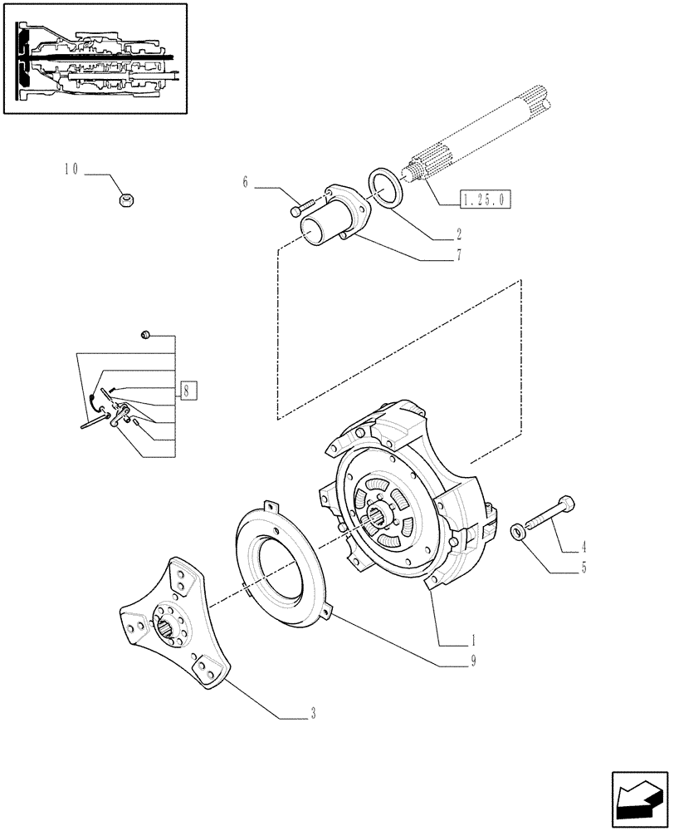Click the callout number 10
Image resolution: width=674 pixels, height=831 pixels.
click(71, 170)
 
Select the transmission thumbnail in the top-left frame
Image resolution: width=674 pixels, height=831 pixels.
click(95, 59)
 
